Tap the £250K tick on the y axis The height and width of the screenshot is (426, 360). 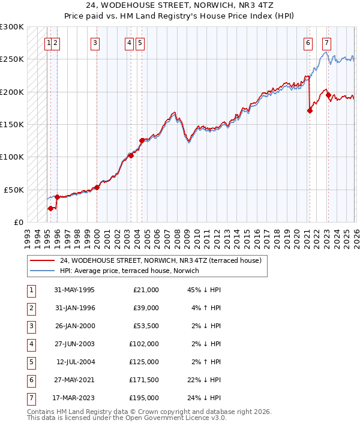(x=12, y=59)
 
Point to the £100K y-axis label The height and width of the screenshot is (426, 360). (x=12, y=157)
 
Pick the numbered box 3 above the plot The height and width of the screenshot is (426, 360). (x=95, y=43)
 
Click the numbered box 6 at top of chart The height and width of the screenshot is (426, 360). (x=308, y=43)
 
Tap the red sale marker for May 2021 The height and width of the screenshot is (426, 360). (x=310, y=110)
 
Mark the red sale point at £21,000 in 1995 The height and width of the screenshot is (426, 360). (x=50, y=208)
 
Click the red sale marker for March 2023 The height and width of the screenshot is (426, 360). (x=328, y=95)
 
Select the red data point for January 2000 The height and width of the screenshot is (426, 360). (x=97, y=187)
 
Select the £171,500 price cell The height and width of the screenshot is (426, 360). (x=143, y=380)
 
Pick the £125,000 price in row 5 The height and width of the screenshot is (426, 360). (x=143, y=362)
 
